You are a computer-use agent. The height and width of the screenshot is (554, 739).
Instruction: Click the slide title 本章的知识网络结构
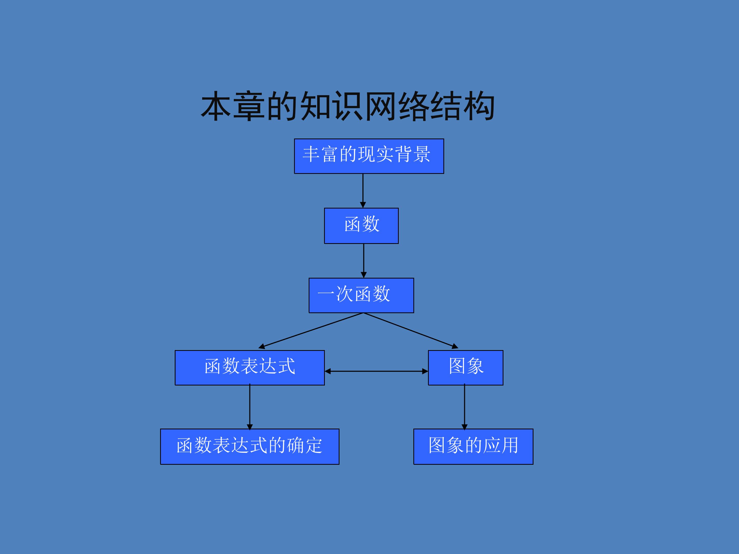(x=347, y=106)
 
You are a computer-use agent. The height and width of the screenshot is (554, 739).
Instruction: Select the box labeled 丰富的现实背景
(x=369, y=156)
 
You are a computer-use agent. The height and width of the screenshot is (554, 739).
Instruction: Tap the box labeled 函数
(x=361, y=226)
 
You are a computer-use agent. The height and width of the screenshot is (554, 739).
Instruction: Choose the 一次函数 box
(x=361, y=295)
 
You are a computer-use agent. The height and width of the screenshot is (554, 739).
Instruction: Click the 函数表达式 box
(x=250, y=367)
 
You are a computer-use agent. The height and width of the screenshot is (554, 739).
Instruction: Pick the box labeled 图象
(x=465, y=367)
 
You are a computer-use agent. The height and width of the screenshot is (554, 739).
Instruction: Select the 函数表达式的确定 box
(x=250, y=447)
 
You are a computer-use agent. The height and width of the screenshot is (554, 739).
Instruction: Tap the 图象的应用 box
(x=473, y=447)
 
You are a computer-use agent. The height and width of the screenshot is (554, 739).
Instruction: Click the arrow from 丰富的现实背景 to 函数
(x=363, y=190)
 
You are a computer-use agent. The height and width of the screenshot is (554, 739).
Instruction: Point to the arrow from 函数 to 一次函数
(x=364, y=261)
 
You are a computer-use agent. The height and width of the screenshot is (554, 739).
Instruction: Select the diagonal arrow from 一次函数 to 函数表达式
(x=311, y=331)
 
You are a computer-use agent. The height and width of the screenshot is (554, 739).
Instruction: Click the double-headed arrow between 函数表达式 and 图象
(x=376, y=371)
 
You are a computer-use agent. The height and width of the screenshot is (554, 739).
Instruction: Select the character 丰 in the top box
(x=311, y=154)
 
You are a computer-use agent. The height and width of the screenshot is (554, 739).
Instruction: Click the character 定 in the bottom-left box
(x=313, y=445)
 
